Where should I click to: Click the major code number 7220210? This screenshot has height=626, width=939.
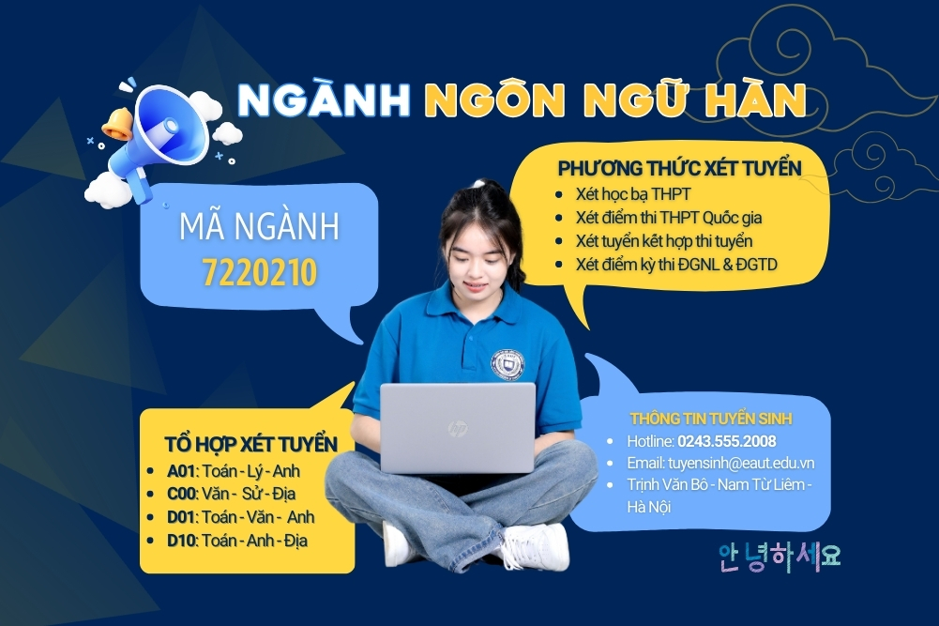[260, 272]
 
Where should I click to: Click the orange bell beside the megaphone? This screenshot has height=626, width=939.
[118, 125]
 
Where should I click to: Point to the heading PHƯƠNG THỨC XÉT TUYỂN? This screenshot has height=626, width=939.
[679, 169]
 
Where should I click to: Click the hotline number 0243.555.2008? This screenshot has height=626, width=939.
[728, 440]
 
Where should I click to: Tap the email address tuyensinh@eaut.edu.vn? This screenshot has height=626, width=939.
[740, 463]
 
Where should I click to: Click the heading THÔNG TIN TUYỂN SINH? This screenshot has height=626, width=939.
[711, 417]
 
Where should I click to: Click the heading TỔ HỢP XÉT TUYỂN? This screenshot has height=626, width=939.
[250, 443]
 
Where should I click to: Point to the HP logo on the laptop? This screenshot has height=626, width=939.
[458, 430]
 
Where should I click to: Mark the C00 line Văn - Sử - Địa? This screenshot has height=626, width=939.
[250, 494]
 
